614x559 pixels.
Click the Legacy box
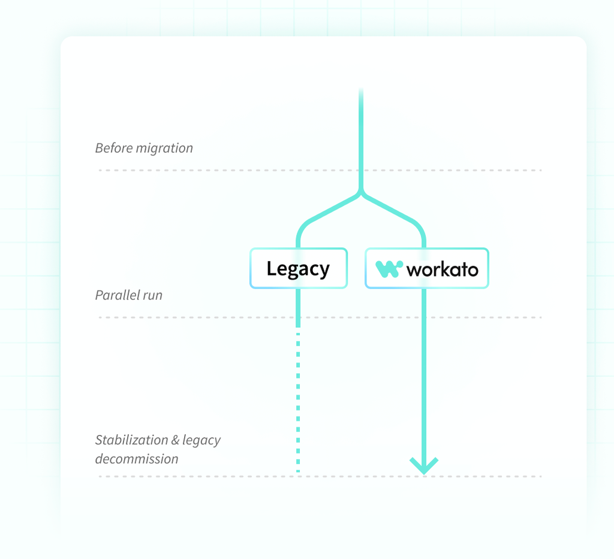pos(299,268)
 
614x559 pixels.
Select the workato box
pos(427,268)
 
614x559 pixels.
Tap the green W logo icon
pos(389,269)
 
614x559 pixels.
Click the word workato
pos(443,270)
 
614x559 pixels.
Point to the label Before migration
pos(144,148)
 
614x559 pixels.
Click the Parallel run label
pos(129,295)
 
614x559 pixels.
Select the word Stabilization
pos(131,440)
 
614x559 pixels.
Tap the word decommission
pos(137,459)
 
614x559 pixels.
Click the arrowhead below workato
pos(424,466)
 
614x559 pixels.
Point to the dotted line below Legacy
pos(298,403)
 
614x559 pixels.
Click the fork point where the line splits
pos(361,192)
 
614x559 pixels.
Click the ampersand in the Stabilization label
pos(175,440)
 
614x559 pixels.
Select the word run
pos(153,296)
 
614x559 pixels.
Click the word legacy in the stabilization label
pos(201,441)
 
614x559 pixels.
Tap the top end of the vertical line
pos(361,89)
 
